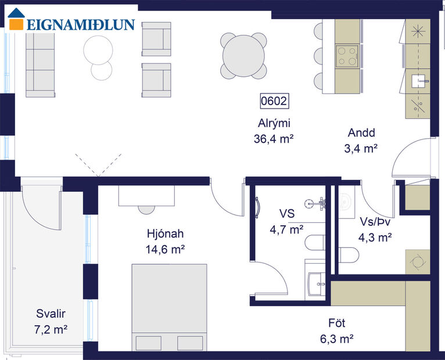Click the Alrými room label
pos(274,123)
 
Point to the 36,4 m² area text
pos(274,138)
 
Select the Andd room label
pos(361,132)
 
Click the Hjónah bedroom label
pos(166,234)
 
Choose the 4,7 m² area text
pos(286,230)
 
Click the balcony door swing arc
pos(36,205)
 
